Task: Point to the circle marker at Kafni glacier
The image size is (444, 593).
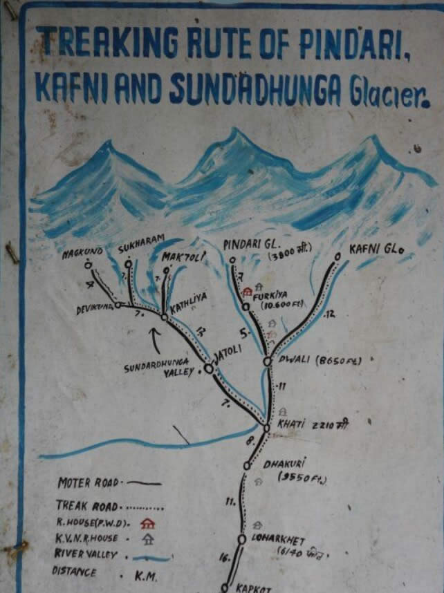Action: (337, 256)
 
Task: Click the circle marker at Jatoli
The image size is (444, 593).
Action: (209, 368)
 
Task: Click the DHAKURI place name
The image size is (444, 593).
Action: (284, 463)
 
